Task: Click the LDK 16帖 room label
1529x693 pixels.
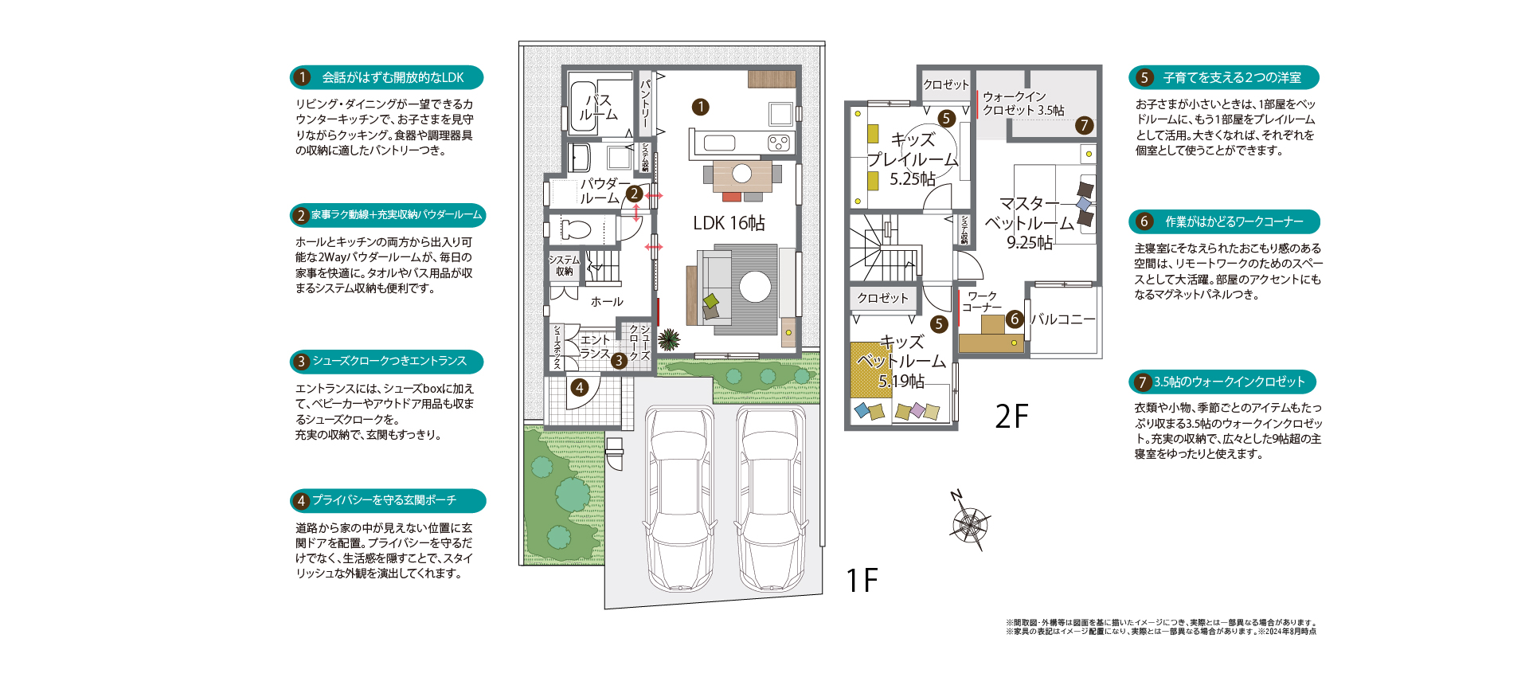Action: (x=729, y=223)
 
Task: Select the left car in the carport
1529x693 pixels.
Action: (x=679, y=499)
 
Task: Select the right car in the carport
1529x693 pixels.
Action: (x=771, y=499)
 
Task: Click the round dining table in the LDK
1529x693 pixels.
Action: (x=742, y=173)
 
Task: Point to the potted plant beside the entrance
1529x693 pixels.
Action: (x=669, y=340)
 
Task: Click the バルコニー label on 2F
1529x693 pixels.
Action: (x=1063, y=319)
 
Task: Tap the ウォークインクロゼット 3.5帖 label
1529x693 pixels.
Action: (x=1023, y=104)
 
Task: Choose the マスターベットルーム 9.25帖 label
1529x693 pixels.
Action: (x=1030, y=223)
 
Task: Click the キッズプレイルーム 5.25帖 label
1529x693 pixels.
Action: (x=913, y=159)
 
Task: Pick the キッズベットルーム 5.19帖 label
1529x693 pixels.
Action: (x=901, y=362)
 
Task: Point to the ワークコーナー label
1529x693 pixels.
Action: (x=982, y=302)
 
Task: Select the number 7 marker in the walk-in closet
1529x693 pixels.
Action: (x=1084, y=125)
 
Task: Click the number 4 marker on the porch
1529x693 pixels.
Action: (x=580, y=388)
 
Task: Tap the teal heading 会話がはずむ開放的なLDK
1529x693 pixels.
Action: (x=387, y=77)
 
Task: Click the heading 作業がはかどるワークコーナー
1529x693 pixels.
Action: (x=1224, y=221)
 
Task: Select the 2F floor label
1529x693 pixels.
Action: (x=1011, y=416)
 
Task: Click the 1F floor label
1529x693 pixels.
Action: (x=862, y=581)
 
